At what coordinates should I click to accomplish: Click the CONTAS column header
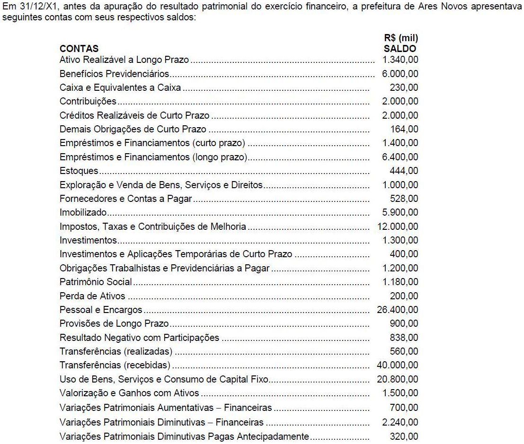coord(79,49)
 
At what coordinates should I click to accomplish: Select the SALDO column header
coord(400,49)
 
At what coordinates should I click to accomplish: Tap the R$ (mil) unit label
coord(401,39)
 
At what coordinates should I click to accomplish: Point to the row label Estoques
coord(79,171)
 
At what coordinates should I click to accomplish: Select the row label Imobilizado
coord(83,212)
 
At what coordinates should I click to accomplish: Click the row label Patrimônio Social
coord(96,282)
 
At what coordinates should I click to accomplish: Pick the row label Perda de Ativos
coord(92,296)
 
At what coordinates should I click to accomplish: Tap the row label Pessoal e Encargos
coord(101,310)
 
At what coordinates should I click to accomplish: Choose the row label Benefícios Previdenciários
coord(115,74)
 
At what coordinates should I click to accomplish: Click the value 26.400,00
coord(398,310)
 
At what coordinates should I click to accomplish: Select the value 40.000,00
coord(398,366)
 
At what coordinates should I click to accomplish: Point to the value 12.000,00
coord(398,226)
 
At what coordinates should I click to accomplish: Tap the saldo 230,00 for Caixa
coord(404,87)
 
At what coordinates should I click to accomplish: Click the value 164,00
coord(404,129)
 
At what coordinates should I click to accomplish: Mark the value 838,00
coord(404,338)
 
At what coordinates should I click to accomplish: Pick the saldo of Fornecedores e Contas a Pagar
coord(404,199)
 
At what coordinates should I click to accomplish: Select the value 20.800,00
coord(398,379)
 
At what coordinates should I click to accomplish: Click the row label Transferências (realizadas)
coord(116,351)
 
